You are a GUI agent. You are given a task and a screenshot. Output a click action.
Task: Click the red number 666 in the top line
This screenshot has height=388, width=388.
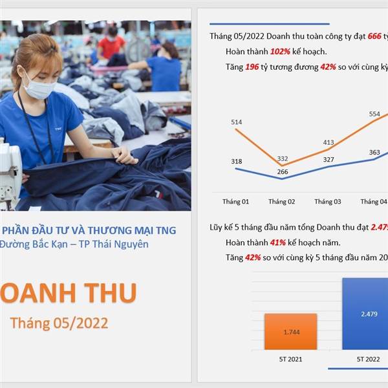pyautogui.click(x=374, y=36)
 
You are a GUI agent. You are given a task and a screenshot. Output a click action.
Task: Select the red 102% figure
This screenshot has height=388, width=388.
pyautogui.click(x=280, y=52)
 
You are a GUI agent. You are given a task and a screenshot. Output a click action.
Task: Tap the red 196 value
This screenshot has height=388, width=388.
pyautogui.click(x=252, y=67)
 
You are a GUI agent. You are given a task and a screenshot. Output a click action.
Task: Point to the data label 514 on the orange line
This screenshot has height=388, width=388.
pyautogui.click(x=237, y=122)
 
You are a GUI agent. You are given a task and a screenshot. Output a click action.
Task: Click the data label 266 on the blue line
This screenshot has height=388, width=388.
pyautogui.click(x=283, y=172)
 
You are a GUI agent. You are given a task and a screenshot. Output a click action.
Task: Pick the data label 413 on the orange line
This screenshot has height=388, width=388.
pyautogui.click(x=329, y=142)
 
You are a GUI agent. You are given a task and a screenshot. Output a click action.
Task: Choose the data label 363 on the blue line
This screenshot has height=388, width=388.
pyautogui.click(x=374, y=152)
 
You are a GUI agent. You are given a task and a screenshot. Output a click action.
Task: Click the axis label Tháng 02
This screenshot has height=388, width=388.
pyautogui.click(x=282, y=202)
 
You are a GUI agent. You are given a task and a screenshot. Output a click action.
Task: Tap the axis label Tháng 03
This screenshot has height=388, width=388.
pyautogui.click(x=328, y=202)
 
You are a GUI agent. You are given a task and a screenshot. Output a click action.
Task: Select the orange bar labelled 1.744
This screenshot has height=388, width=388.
pyautogui.click(x=290, y=332)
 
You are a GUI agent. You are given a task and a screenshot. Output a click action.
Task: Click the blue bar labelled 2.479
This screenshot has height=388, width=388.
pyautogui.click(x=365, y=314)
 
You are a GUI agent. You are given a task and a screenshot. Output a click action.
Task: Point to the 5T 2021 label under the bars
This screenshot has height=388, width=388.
pyautogui.click(x=290, y=359)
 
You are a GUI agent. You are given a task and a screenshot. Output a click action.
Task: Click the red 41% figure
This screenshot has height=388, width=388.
pyautogui.click(x=278, y=242)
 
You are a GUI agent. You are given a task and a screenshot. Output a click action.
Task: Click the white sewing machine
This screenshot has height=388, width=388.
pyautogui.click(x=10, y=173)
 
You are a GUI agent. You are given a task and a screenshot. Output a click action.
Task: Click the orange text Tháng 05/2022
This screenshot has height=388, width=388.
pyautogui.click(x=59, y=323)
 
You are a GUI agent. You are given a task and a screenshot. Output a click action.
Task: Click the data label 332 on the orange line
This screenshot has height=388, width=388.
pyautogui.click(x=283, y=158)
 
